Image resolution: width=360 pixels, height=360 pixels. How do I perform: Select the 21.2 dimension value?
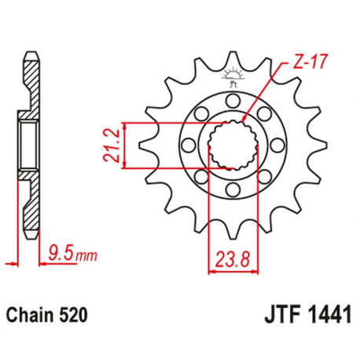tap(111, 145)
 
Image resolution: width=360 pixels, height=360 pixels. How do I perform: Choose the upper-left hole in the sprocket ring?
tap(199, 114)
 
